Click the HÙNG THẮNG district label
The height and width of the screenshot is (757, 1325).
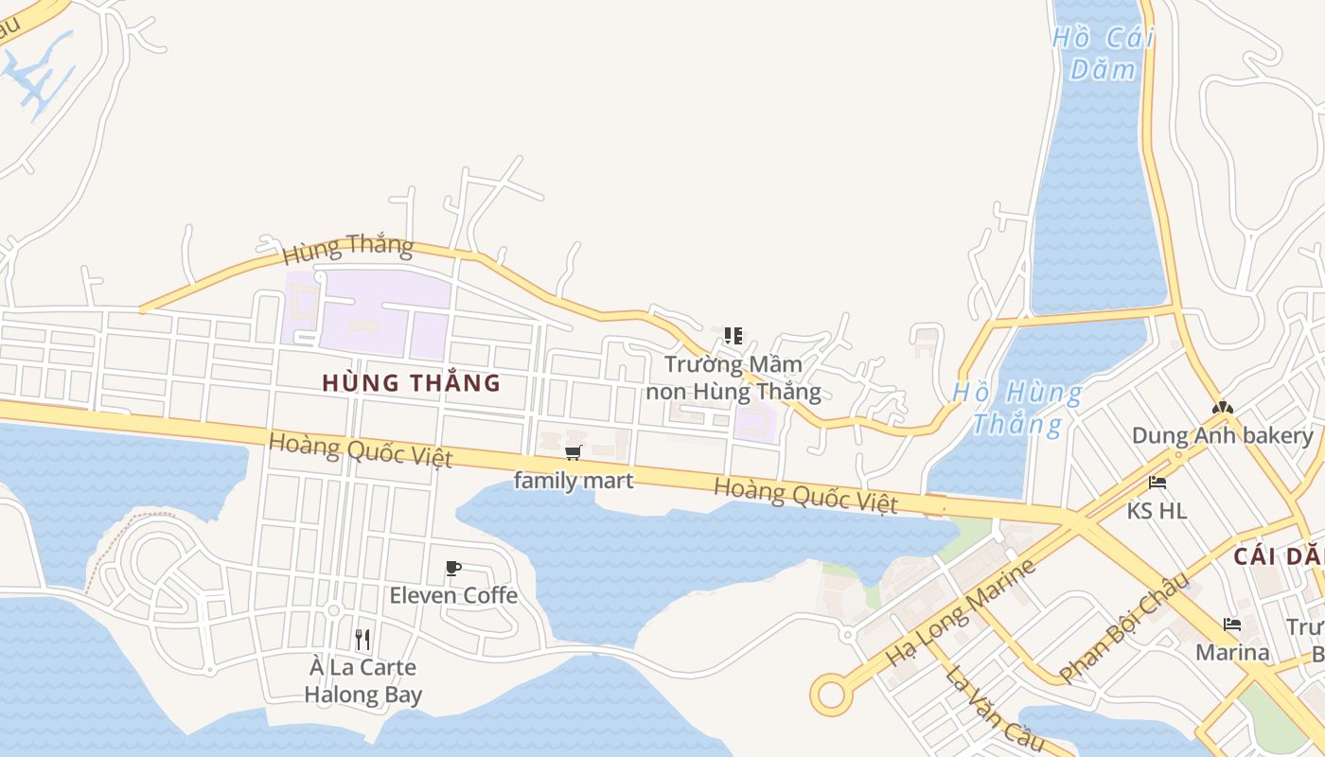tap(411, 383)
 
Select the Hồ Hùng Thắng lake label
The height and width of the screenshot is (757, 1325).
tap(1017, 408)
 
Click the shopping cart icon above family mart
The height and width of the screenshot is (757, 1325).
tap(573, 453)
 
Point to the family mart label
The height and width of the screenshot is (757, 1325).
tap(574, 481)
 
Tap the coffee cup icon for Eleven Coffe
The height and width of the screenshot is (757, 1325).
tap(453, 568)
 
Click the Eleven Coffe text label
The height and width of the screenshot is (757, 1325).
tap(453, 595)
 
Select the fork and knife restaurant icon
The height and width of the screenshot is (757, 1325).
tap(362, 640)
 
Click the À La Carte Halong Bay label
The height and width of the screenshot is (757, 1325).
tap(363, 680)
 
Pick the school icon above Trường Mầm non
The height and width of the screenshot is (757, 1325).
tap(733, 336)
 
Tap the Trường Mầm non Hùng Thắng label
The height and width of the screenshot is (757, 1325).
tap(733, 378)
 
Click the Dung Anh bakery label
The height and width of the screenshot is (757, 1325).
tap(1223, 436)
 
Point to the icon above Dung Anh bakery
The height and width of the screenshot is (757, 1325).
tap(1222, 408)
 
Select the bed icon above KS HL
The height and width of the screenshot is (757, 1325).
tap(1157, 482)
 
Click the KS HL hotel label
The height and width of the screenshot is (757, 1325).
tap(1157, 511)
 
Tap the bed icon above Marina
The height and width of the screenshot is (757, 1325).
tap(1231, 625)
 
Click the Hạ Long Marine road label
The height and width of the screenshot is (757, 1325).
tap(961, 613)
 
